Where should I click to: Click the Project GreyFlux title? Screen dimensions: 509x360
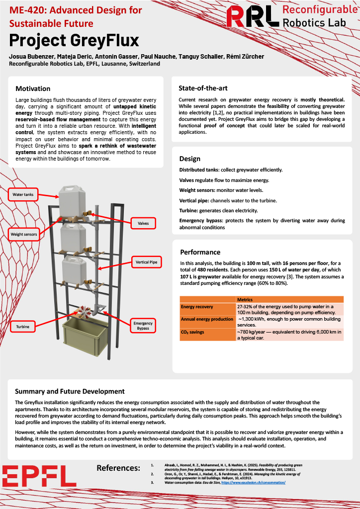pyautogui.click(x=74, y=40)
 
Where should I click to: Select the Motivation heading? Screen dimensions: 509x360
pyautogui.click(x=33, y=88)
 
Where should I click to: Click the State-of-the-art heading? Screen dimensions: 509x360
pyautogui.click(x=203, y=88)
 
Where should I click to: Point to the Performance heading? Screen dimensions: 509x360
pyautogui.click(x=200, y=252)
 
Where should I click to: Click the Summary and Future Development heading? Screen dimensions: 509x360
pyautogui.click(x=70, y=391)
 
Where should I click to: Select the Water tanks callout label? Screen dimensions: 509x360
pyautogui.click(x=23, y=194)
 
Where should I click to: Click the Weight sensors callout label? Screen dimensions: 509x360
pyautogui.click(x=24, y=234)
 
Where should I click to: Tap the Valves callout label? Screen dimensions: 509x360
pyautogui.click(x=143, y=224)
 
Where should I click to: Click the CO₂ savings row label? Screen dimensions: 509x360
pyautogui.click(x=194, y=332)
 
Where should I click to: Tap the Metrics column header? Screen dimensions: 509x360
pyautogui.click(x=245, y=300)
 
